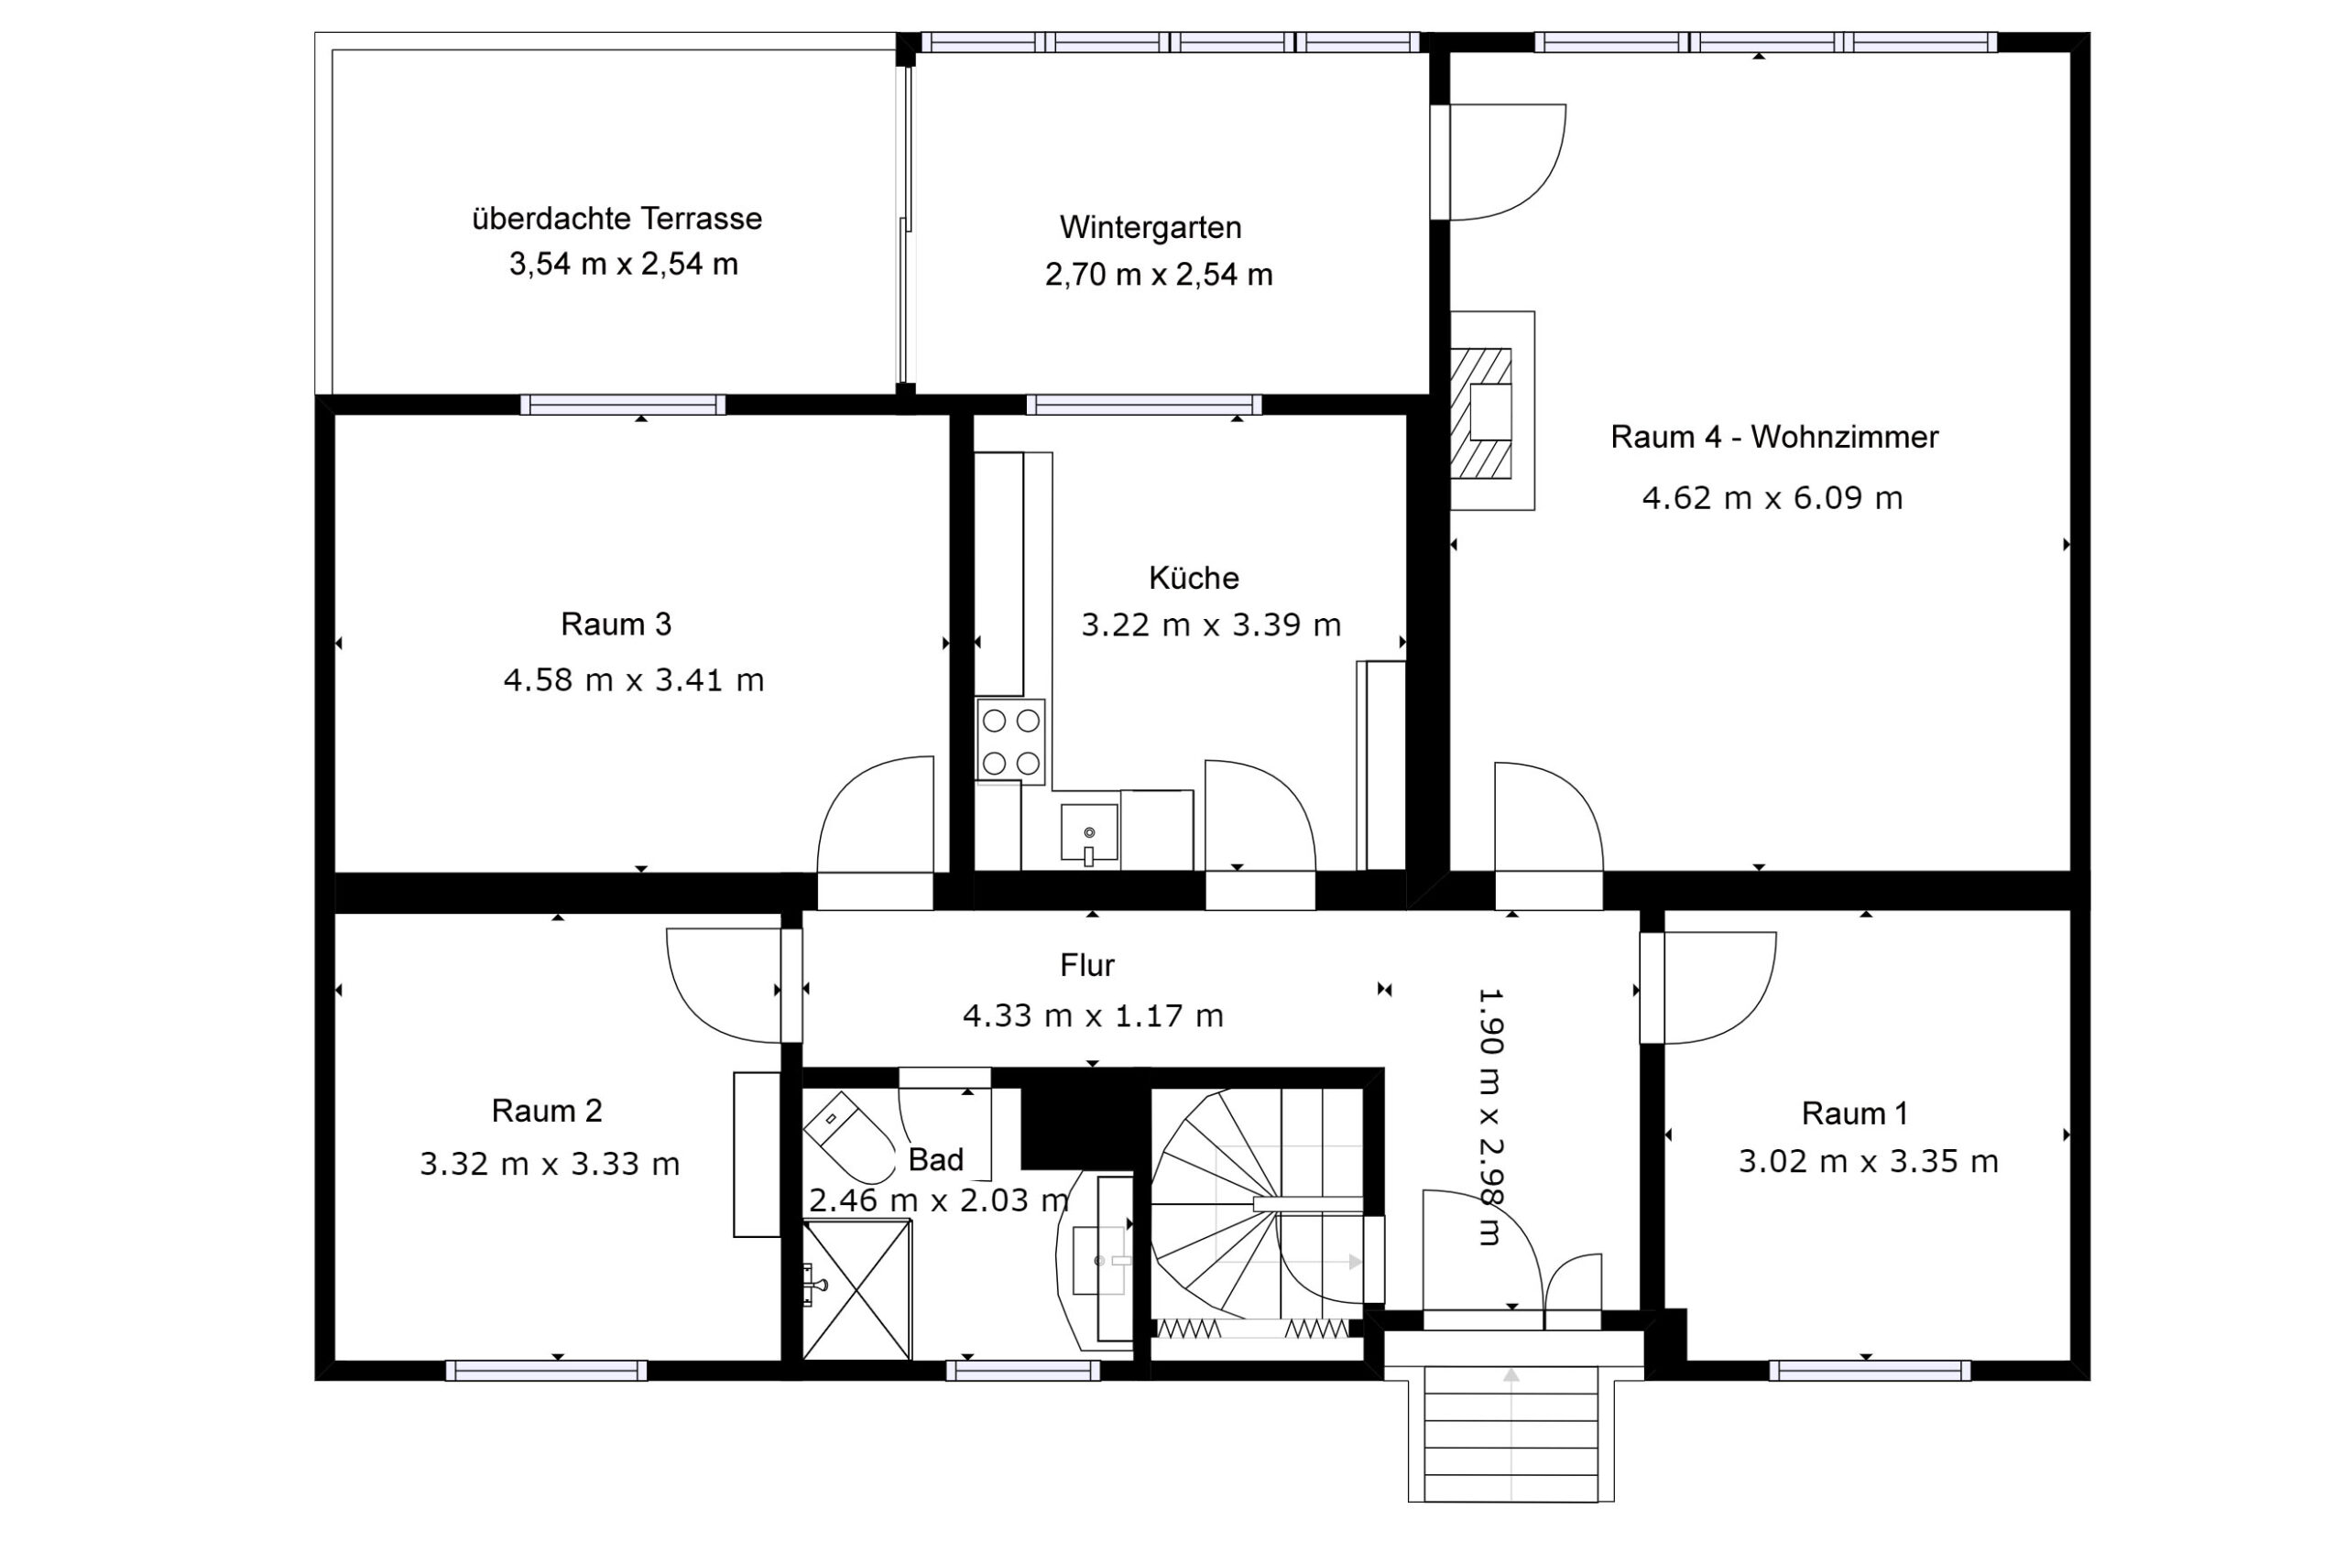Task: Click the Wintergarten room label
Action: pos(1151,228)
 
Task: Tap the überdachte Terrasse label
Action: pos(617,218)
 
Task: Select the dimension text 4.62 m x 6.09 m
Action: pos(1772,497)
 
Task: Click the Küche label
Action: pos(1194,577)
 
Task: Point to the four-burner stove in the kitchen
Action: pos(1011,740)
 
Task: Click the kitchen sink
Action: pos(1089,833)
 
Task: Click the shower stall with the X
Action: pos(857,1290)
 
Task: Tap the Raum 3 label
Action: pos(616,624)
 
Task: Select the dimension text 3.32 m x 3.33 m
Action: pos(550,1163)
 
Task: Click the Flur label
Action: pos(1086,965)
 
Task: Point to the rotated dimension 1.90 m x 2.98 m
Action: pos(1489,1116)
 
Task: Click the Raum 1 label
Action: pos(1854,1113)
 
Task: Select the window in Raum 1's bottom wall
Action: pos(1871,1371)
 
